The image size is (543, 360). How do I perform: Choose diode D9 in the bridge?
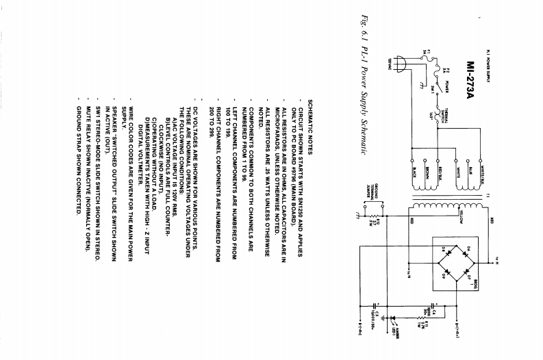click(x=444, y=270)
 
